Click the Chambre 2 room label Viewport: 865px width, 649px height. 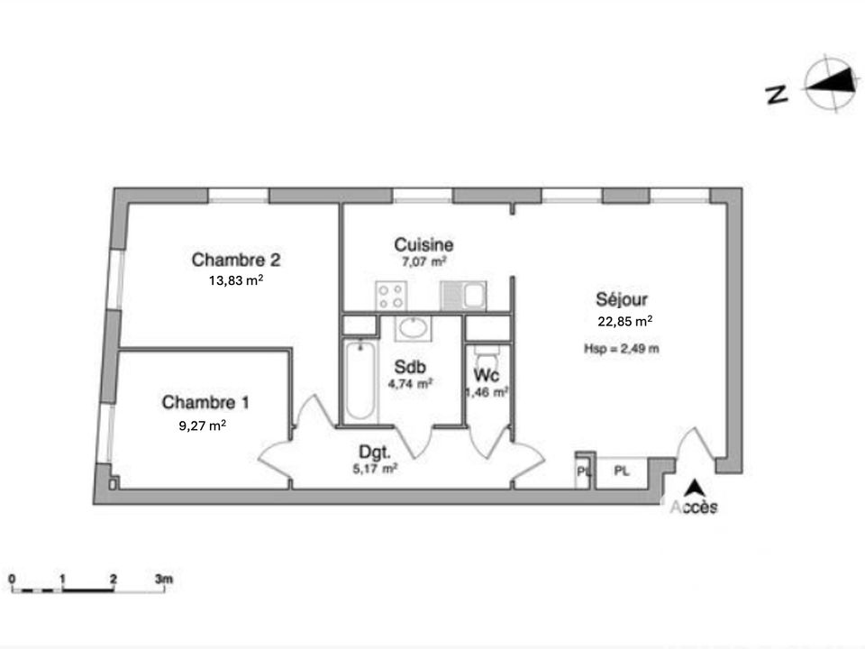(x=235, y=260)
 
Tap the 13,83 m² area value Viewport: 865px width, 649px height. (x=235, y=279)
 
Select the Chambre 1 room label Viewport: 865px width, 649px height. (x=205, y=402)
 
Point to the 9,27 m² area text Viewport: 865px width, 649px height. (x=203, y=425)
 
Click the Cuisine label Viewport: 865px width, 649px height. (x=423, y=244)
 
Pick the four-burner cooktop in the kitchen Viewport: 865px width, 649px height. (x=391, y=296)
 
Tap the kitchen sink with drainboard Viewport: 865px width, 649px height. (x=463, y=296)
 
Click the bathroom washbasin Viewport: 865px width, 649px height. (x=414, y=328)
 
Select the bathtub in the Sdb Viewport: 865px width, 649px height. (x=360, y=380)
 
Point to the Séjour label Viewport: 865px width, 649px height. (x=622, y=299)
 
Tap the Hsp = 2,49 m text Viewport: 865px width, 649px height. (x=622, y=348)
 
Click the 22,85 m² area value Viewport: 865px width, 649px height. (x=625, y=321)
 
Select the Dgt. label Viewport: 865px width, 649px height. (x=375, y=452)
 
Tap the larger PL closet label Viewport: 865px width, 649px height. (x=622, y=471)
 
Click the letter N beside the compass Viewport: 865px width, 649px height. (x=778, y=95)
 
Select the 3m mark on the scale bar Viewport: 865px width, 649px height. (x=164, y=579)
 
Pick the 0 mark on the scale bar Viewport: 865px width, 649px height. (x=12, y=579)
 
